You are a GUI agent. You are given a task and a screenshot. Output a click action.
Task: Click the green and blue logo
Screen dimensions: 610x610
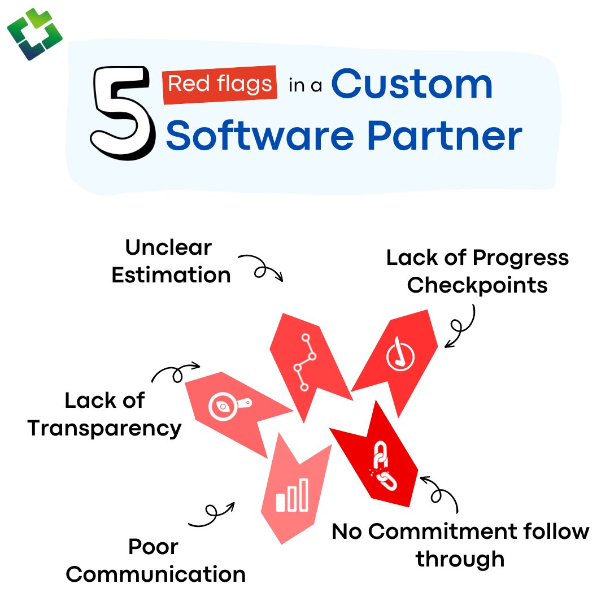pyautogui.click(x=34, y=34)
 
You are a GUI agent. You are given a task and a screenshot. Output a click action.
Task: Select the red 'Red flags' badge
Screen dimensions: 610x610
pyautogui.click(x=220, y=85)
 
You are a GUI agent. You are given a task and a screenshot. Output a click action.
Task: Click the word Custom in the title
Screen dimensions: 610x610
pyautogui.click(x=412, y=84)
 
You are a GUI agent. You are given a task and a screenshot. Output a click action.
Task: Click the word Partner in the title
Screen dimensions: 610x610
pyautogui.click(x=444, y=135)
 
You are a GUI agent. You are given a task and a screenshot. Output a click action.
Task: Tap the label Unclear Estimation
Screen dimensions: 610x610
pyautogui.click(x=169, y=262)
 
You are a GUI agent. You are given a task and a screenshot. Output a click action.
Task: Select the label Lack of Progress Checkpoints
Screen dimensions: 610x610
pyautogui.click(x=477, y=271)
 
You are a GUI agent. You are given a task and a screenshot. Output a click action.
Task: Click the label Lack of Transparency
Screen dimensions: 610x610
pyautogui.click(x=104, y=414)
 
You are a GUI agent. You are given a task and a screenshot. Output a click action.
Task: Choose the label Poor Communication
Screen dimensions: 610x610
pyautogui.click(x=155, y=560)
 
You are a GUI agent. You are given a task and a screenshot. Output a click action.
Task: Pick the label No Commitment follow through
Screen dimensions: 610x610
pyautogui.click(x=460, y=545)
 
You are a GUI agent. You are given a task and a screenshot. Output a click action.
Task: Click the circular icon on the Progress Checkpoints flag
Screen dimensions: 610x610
pyautogui.click(x=400, y=356)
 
